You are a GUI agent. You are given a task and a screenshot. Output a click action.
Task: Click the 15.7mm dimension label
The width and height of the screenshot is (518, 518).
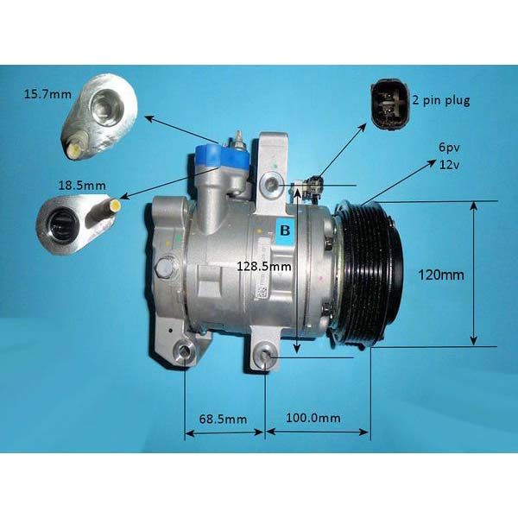[x=47, y=94]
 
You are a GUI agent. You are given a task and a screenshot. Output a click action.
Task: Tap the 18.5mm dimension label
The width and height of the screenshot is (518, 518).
[x=82, y=186]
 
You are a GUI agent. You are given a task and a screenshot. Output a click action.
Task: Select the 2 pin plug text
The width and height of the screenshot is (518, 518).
[x=441, y=100]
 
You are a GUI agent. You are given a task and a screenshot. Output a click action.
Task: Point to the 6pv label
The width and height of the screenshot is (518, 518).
[x=449, y=148]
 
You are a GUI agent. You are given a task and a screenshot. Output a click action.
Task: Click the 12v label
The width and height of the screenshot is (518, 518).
[x=449, y=164]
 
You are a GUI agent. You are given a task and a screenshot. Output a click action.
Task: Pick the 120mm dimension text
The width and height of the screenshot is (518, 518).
[x=441, y=275]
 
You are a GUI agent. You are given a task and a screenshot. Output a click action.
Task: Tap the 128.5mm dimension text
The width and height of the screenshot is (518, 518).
[x=264, y=266]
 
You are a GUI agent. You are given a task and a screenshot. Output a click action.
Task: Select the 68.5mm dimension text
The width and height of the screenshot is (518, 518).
[x=223, y=419]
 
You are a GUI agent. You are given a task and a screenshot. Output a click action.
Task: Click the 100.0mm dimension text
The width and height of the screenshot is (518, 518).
[x=313, y=418]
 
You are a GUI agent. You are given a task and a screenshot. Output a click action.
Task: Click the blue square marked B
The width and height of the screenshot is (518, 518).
[x=284, y=230]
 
